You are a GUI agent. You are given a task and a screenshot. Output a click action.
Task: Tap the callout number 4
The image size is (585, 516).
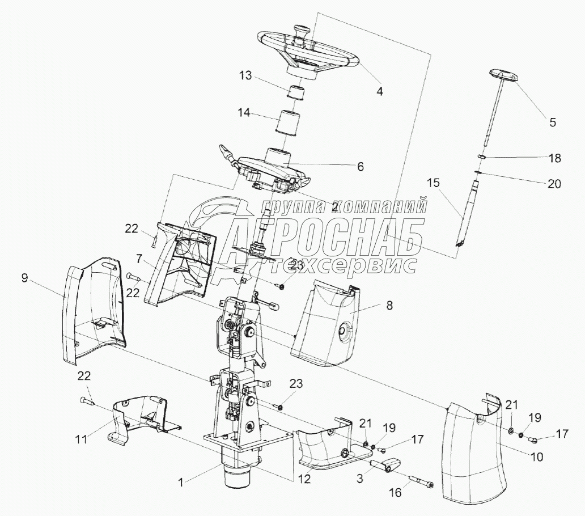pos(380,91)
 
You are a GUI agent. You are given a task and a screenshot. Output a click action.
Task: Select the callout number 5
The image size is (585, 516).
pos(553,121)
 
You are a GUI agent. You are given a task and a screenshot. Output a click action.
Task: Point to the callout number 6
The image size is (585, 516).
pos(361,167)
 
